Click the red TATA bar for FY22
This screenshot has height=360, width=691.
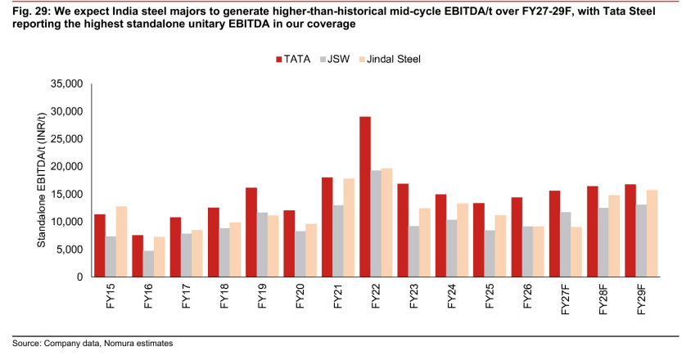365,196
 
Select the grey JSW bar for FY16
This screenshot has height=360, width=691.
148,264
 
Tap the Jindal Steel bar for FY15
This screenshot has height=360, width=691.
122,241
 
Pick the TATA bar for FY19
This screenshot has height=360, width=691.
251,232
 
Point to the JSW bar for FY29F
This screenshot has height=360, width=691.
641,241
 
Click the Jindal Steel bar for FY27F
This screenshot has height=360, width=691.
576,252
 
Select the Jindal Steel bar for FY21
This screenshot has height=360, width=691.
349,227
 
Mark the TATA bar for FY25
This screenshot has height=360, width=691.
479,240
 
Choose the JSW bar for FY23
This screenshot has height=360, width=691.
413,251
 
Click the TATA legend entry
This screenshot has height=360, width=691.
293,59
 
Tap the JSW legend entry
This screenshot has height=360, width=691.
336,59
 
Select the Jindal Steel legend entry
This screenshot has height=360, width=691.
391,59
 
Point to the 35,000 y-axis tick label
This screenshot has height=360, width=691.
67,83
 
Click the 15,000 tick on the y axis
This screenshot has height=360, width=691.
67,195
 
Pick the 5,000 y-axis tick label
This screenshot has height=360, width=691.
70,250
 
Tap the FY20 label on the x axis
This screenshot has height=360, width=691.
300,295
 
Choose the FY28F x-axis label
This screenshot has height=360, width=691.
603,299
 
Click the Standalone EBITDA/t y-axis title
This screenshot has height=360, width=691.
42,180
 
